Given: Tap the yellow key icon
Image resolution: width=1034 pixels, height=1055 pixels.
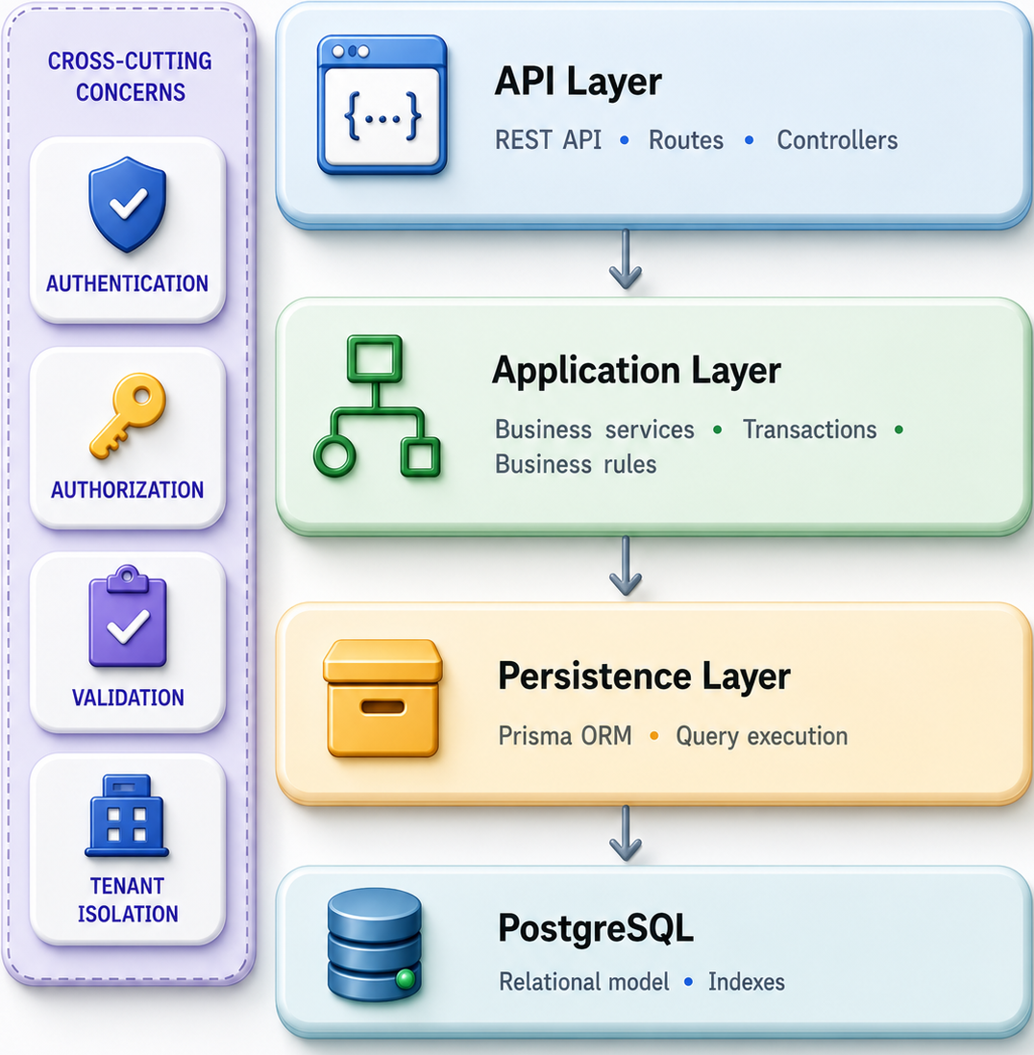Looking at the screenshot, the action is [128, 415].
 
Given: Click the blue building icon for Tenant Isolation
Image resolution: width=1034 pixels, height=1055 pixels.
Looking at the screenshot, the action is [127, 816].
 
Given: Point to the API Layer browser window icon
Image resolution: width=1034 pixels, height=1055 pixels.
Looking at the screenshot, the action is [382, 105].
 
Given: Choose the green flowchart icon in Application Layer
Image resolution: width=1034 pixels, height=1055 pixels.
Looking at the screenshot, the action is [378, 406].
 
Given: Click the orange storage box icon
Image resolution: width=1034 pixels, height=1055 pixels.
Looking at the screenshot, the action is [382, 699].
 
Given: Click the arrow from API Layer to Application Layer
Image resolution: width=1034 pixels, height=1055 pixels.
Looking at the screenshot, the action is [626, 259].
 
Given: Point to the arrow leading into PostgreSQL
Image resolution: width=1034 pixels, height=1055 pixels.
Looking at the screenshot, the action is [626, 833].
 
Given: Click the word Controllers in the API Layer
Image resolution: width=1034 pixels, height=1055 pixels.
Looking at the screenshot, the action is [837, 140].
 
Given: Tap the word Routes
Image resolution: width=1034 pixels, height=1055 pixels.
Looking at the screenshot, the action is [685, 140].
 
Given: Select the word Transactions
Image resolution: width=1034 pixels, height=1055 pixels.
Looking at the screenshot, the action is [809, 429].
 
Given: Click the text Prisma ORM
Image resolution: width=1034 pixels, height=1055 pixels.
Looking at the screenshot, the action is [565, 735].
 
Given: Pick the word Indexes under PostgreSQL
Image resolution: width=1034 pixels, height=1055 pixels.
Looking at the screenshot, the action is [746, 982].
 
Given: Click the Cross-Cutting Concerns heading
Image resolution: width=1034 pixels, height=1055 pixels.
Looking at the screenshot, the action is [130, 76].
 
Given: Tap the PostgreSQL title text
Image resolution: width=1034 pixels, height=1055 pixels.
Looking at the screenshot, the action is [596, 929].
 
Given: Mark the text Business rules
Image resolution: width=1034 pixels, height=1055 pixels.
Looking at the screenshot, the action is [576, 464].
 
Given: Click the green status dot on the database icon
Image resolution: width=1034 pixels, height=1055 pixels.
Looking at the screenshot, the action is [406, 978].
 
